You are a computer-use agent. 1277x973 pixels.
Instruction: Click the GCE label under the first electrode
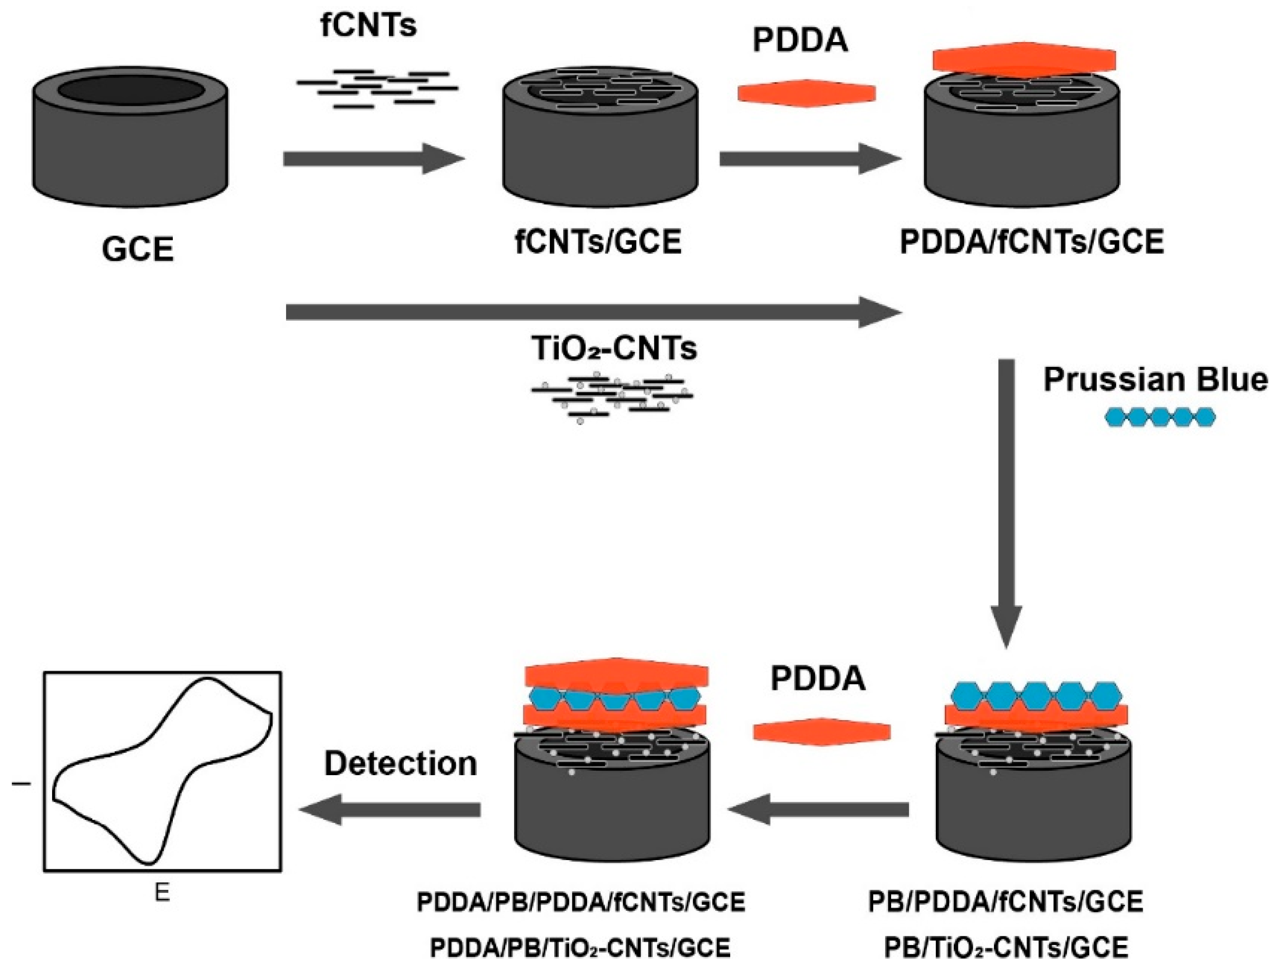click(138, 249)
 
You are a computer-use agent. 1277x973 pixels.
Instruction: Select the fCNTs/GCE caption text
click(598, 242)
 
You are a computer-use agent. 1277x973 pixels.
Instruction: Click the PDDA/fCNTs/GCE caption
click(1032, 242)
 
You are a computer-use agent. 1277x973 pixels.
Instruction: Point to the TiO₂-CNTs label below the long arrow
click(614, 349)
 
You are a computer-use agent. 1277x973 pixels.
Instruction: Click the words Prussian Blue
click(1155, 380)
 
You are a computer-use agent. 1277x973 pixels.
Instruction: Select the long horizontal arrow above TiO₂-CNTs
click(593, 313)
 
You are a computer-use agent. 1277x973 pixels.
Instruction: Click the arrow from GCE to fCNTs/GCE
click(373, 159)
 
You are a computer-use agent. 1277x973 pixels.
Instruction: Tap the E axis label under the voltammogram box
click(162, 892)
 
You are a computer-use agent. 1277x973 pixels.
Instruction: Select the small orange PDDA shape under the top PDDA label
click(806, 93)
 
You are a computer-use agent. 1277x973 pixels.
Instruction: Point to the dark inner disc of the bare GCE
click(130, 92)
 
